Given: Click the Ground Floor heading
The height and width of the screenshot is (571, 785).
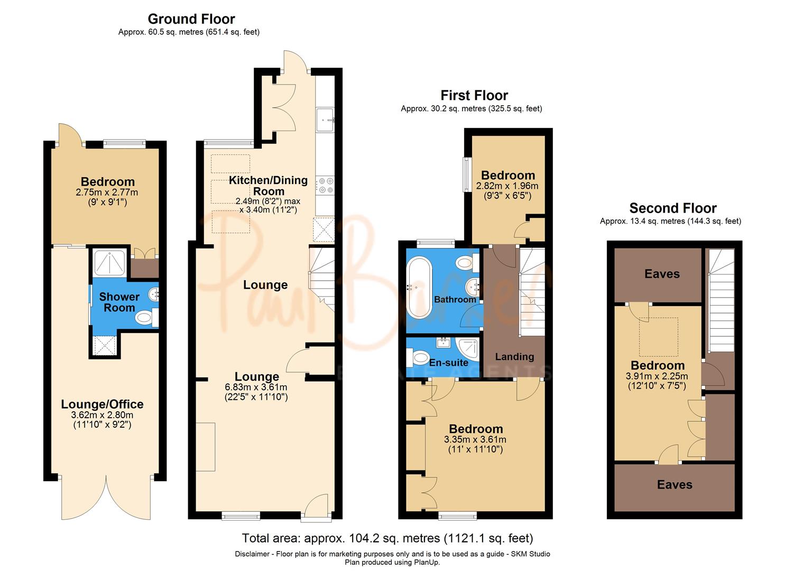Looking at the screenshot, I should pos(191,19).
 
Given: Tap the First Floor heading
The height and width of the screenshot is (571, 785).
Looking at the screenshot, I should pos(474,96).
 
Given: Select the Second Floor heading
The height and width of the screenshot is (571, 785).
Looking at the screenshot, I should pos(672,208).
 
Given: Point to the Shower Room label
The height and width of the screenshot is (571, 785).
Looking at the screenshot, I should pos(119,302).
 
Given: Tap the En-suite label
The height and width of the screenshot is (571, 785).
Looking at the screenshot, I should pos(448,363).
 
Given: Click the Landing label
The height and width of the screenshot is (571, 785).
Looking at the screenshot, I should pos(514,357).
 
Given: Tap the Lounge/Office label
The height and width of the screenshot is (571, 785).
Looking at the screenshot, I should pos(102,404).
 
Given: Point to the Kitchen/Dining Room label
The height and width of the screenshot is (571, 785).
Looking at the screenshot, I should pos(268,186).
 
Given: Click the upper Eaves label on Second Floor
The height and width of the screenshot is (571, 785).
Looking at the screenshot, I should pos(662,274).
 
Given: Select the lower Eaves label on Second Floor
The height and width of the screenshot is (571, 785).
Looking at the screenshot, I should pos(675,485).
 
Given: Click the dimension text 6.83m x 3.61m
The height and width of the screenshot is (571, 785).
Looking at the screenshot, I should pos(257,387).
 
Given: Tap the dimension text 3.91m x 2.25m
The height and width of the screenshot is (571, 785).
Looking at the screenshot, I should pos(657,376).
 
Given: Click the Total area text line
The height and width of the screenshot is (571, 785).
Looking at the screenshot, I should pos(387,538).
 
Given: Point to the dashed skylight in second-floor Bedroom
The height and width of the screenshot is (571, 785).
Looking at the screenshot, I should pos(658,337).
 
